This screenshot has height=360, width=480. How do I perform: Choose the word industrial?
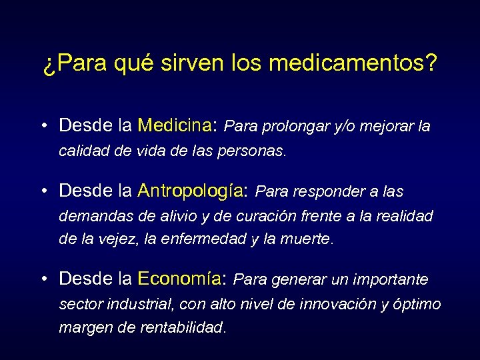click(141, 304)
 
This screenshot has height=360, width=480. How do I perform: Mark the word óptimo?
click(418, 304)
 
